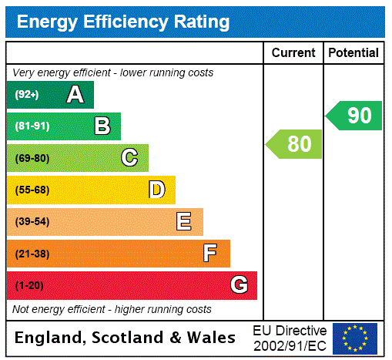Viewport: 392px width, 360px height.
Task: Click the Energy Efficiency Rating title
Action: pyautogui.click(x=123, y=22)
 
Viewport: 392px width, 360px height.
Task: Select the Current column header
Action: pyautogui.click(x=293, y=52)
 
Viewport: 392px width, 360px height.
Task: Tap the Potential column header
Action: pyautogui.click(x=353, y=52)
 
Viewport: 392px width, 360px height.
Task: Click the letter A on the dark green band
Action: pyautogui.click(x=75, y=95)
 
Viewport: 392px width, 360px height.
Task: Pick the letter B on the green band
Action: pyautogui.click(x=102, y=126)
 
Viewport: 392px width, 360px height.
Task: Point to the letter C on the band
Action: pyautogui.click(x=129, y=158)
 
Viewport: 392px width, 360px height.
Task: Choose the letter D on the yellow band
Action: pyautogui.click(x=157, y=190)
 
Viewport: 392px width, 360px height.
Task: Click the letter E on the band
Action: pyautogui.click(x=184, y=222)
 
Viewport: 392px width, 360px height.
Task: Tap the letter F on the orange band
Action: pyautogui.click(x=209, y=253)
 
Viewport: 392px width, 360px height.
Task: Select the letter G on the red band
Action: pyautogui.click(x=239, y=285)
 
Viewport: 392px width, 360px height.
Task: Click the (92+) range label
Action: pyautogui.click(x=27, y=96)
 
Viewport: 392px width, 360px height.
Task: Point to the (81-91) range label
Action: pyautogui.click(x=32, y=126)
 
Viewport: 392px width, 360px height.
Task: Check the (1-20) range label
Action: pyautogui.click(x=29, y=286)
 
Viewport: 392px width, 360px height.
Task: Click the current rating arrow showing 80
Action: pyautogui.click(x=295, y=144)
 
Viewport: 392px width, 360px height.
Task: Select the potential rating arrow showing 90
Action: pyautogui.click(x=355, y=116)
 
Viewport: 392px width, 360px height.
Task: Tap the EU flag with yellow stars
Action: pyautogui.click(x=355, y=338)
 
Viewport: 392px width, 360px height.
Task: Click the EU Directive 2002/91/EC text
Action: pyautogui.click(x=290, y=338)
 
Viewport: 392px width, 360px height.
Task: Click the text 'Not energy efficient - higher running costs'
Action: pyautogui.click(x=112, y=309)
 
